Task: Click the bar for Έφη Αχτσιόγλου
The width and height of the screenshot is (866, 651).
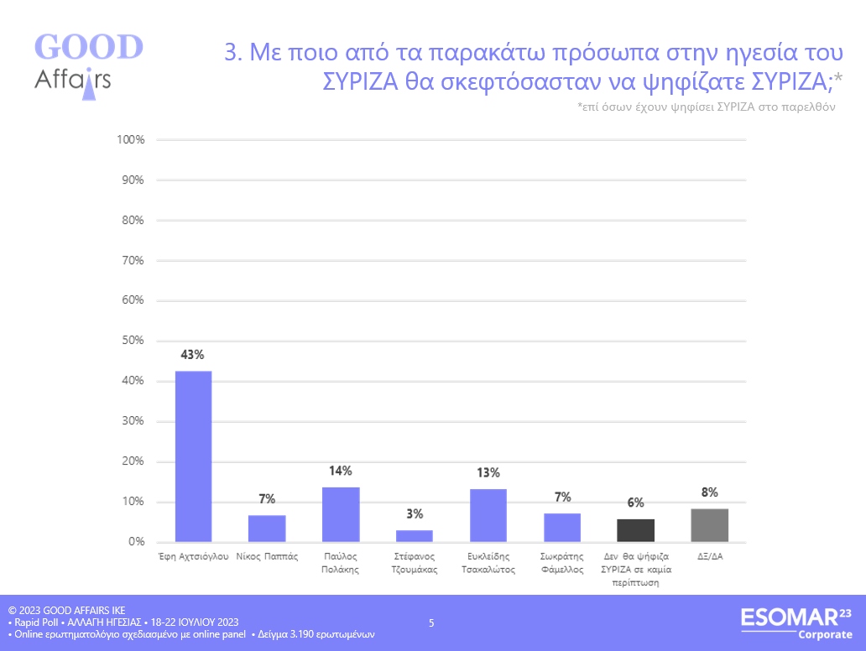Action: click(193, 456)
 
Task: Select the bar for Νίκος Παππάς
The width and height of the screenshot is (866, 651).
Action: click(267, 529)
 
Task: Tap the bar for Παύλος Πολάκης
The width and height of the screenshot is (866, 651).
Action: click(341, 514)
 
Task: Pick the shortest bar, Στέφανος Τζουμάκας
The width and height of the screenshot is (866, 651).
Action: click(415, 536)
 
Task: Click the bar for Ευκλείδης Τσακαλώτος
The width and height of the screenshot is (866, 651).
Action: click(488, 515)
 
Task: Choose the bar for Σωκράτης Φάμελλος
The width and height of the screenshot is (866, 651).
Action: click(562, 528)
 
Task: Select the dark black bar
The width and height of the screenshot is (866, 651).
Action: click(636, 530)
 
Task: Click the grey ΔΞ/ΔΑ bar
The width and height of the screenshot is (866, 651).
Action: click(710, 525)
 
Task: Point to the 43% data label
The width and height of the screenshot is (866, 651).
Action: click(193, 355)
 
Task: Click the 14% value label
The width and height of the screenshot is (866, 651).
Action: click(341, 471)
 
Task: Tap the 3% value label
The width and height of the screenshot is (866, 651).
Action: click(415, 513)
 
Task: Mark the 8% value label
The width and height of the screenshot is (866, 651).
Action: click(710, 492)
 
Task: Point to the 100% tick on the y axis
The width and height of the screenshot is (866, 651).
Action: click(132, 139)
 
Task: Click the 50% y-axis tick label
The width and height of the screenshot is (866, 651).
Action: click(134, 341)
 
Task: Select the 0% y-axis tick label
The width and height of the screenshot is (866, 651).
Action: click(138, 542)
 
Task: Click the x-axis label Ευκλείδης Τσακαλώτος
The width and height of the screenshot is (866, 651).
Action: click(488, 562)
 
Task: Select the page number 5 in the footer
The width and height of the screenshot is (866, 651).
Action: click(431, 622)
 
